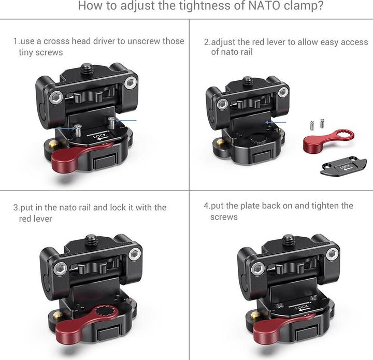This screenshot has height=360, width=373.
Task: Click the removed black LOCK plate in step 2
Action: point(343,168)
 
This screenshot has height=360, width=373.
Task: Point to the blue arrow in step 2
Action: point(272,123)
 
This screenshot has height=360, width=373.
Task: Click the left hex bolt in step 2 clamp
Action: point(223,104)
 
